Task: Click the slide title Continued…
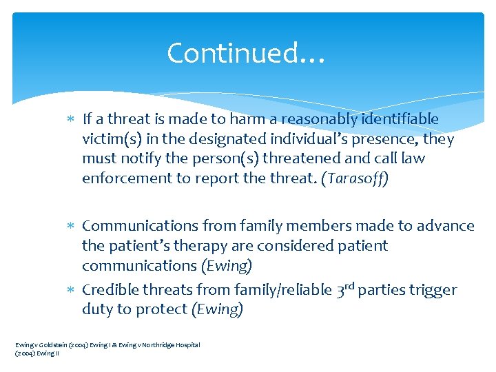[245, 53]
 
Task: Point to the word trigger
[435, 290]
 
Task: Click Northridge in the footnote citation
[156, 344]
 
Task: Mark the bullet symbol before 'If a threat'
[72, 120]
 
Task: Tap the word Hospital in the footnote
[187, 344]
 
